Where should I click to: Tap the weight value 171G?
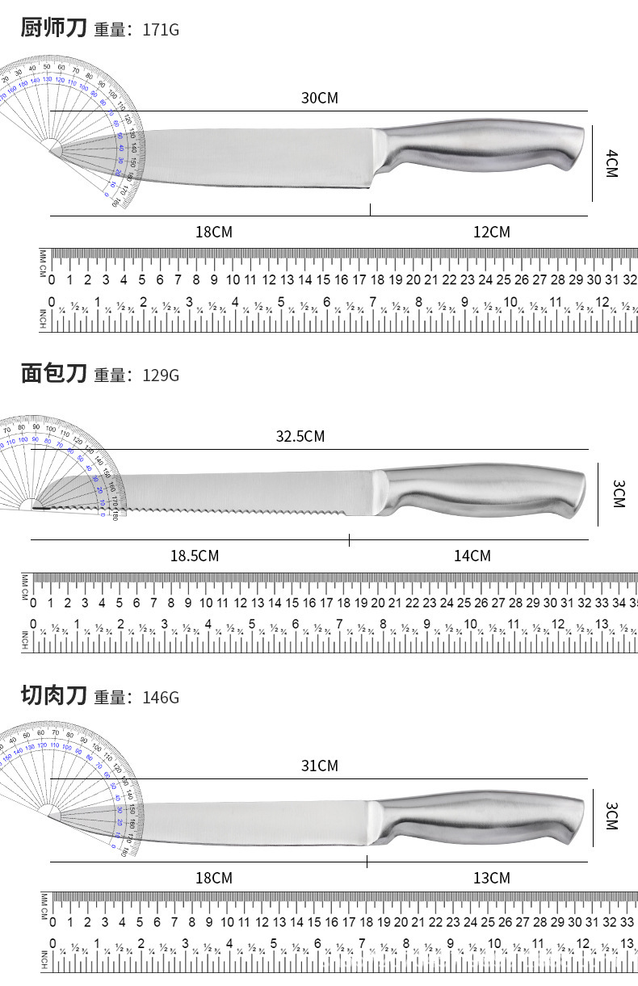point(160,30)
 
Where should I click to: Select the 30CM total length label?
point(319,98)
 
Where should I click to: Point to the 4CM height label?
point(611,163)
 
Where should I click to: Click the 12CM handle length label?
point(491,232)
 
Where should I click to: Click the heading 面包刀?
point(52,373)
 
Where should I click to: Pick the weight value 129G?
point(160,376)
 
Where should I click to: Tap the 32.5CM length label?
point(300,436)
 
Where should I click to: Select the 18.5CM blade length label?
point(194,556)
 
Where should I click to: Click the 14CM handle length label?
point(472,556)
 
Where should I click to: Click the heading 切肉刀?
point(52,694)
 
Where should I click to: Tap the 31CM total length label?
point(319,765)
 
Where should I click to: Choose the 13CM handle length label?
point(491,878)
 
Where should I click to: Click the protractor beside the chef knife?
point(73,121)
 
